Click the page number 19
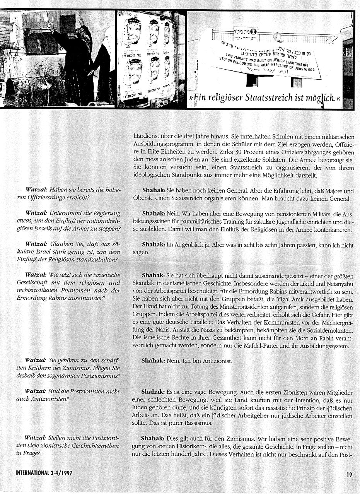click(349, 473)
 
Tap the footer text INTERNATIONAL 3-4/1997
click(44, 473)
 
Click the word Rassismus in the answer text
click(202, 423)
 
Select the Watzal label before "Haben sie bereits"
click(36, 190)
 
